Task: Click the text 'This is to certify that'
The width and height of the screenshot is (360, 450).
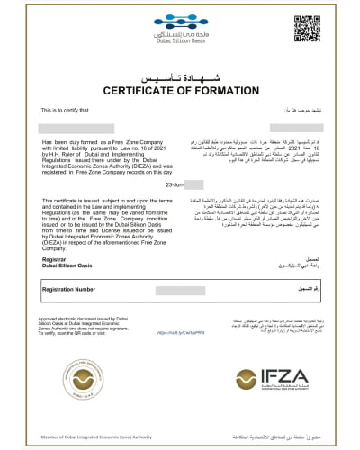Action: pos(65,111)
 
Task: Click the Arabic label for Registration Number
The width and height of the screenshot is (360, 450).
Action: pos(301,290)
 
